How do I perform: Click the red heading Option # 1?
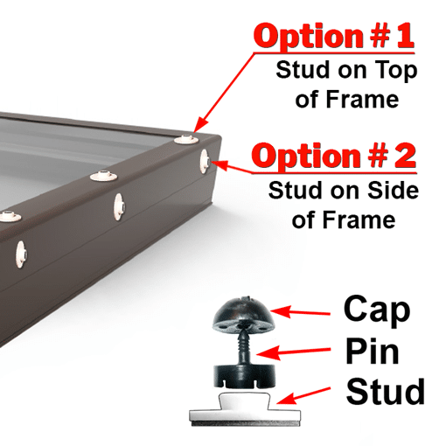point(335,36)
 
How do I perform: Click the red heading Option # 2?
point(334,156)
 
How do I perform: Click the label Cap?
point(377,310)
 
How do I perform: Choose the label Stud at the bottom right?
point(385,391)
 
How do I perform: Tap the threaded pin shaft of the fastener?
point(244,347)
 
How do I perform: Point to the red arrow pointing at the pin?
point(294,352)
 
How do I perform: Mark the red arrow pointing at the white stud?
point(303,395)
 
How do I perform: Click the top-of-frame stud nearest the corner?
point(186,139)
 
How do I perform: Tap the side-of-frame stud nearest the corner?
point(205,162)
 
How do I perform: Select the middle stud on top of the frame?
point(103,176)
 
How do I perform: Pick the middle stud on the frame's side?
point(119,206)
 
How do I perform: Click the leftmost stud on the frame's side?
point(21,254)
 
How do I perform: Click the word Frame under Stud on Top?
point(363,100)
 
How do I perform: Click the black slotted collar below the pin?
point(245,377)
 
